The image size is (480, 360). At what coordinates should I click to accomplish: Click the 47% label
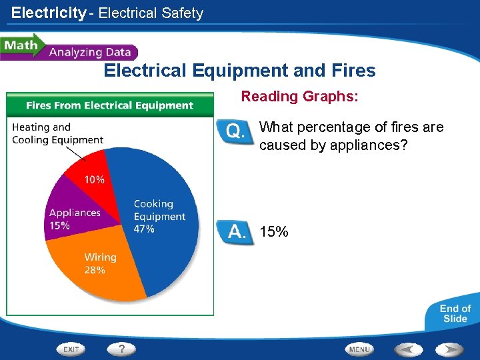[x=144, y=229]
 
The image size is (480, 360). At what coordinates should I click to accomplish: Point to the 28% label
[x=95, y=270]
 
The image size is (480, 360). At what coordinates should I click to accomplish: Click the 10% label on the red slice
[x=94, y=179]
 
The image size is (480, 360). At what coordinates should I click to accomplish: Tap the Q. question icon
[x=235, y=131]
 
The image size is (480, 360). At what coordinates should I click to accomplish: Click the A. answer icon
[x=235, y=233]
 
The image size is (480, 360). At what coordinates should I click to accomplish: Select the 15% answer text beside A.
[x=274, y=232]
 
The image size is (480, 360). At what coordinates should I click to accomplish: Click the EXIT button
[x=71, y=349]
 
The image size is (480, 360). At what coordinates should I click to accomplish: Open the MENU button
[x=360, y=349]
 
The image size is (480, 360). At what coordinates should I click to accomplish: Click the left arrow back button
[x=409, y=349]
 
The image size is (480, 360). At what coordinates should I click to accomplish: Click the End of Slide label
[x=455, y=313]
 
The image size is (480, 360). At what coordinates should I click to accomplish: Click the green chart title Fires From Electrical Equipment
[x=110, y=105]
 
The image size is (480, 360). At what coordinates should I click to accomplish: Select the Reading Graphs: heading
[x=299, y=97]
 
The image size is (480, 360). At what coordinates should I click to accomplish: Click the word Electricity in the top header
[x=49, y=13]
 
